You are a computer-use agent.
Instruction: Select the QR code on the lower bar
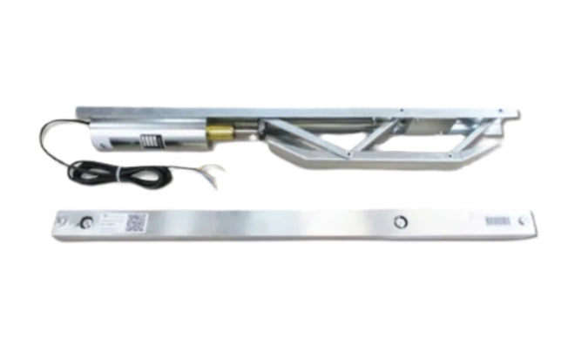point(135,223)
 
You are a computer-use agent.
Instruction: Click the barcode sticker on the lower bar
point(497,222)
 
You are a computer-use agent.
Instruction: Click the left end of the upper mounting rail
point(81,112)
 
